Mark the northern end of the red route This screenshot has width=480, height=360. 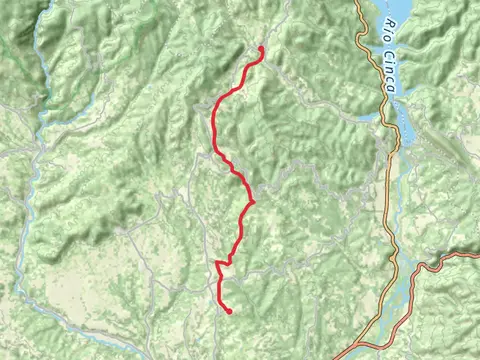point(262,48)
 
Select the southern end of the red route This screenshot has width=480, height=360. point(229,311)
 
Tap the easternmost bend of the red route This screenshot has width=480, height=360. point(251,201)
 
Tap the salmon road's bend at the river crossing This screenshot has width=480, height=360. point(424,268)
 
